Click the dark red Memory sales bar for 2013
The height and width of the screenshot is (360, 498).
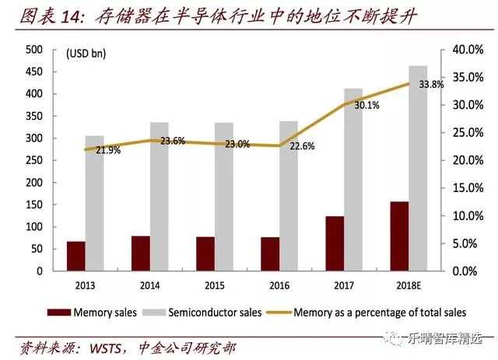click(x=76, y=257)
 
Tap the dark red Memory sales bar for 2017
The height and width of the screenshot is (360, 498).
click(x=335, y=244)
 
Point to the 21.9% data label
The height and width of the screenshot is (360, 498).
click(x=108, y=151)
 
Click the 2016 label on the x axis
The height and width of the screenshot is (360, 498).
click(x=280, y=284)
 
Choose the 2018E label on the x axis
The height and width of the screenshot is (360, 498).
click(x=409, y=284)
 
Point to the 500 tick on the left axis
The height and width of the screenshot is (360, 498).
click(x=34, y=50)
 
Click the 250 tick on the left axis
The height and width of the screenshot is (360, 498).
click(x=34, y=161)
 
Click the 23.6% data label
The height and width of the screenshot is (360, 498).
click(x=173, y=141)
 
